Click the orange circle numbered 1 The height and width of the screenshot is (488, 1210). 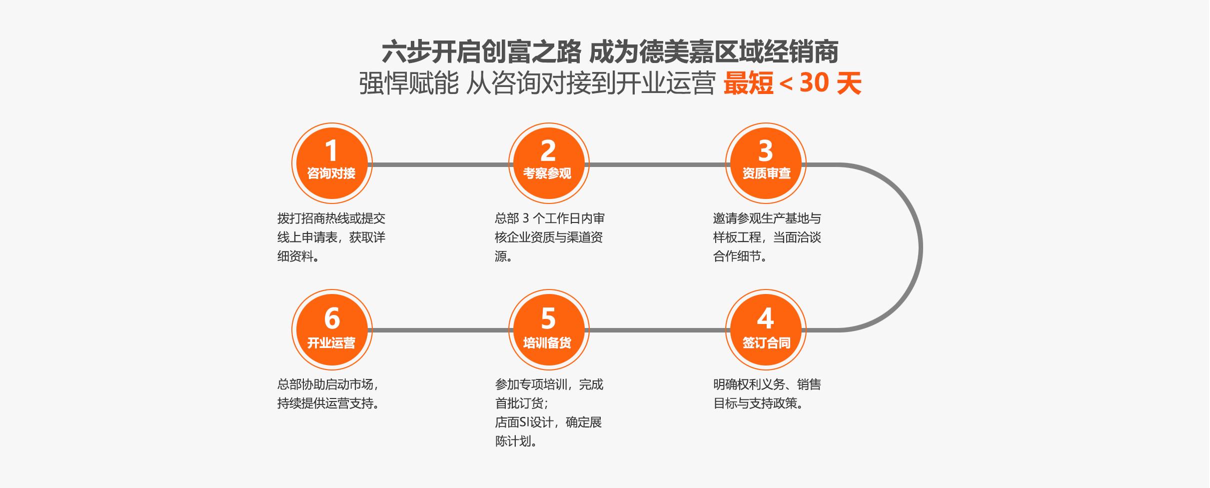pyautogui.click(x=332, y=163)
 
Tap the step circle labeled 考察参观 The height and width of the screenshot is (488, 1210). pyautogui.click(x=549, y=163)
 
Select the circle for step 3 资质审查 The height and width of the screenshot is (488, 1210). pyautogui.click(x=766, y=163)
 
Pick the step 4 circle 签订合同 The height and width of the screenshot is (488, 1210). pyautogui.click(x=766, y=330)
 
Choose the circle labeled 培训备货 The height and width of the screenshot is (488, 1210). pyautogui.click(x=549, y=330)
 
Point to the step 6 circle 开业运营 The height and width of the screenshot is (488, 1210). pyautogui.click(x=332, y=330)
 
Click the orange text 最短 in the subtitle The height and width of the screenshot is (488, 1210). pyautogui.click(x=748, y=83)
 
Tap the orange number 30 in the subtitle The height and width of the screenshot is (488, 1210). pyautogui.click(x=815, y=83)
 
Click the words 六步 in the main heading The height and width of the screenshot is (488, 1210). pyautogui.click(x=406, y=52)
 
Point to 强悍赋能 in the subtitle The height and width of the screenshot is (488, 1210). pyautogui.click(x=409, y=83)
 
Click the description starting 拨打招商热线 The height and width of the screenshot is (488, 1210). pyautogui.click(x=331, y=237)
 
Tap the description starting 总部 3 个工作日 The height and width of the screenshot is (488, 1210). pyautogui.click(x=550, y=237)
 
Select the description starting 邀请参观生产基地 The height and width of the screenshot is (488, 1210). pyautogui.click(x=767, y=237)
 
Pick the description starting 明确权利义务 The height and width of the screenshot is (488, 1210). pyautogui.click(x=767, y=394)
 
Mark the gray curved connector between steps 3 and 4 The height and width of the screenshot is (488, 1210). pyautogui.click(x=921, y=247)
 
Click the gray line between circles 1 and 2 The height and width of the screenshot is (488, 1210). pyautogui.click(x=440, y=164)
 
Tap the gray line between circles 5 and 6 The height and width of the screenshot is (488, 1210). pyautogui.click(x=440, y=330)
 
